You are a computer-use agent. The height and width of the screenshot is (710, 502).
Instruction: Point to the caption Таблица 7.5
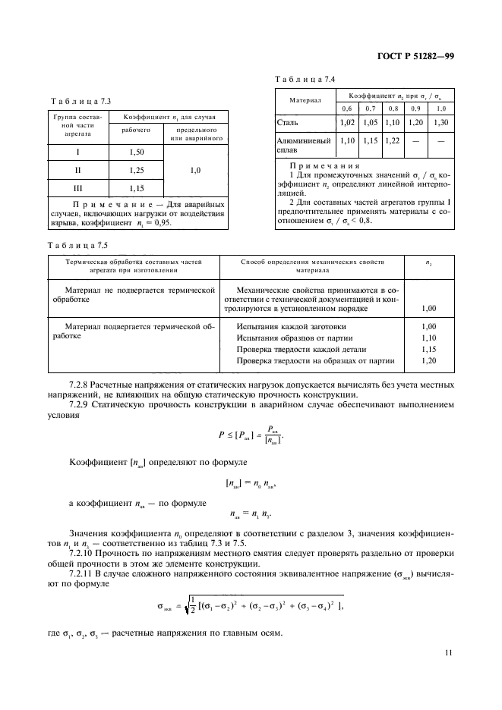tap(77, 244)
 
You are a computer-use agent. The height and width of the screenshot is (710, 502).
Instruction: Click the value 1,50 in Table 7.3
tap(137, 152)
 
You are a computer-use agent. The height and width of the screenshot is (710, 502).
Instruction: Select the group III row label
tap(77, 187)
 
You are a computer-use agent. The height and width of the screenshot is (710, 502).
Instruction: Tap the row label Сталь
tap(289, 121)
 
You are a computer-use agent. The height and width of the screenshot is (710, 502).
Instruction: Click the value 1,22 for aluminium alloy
tap(393, 140)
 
